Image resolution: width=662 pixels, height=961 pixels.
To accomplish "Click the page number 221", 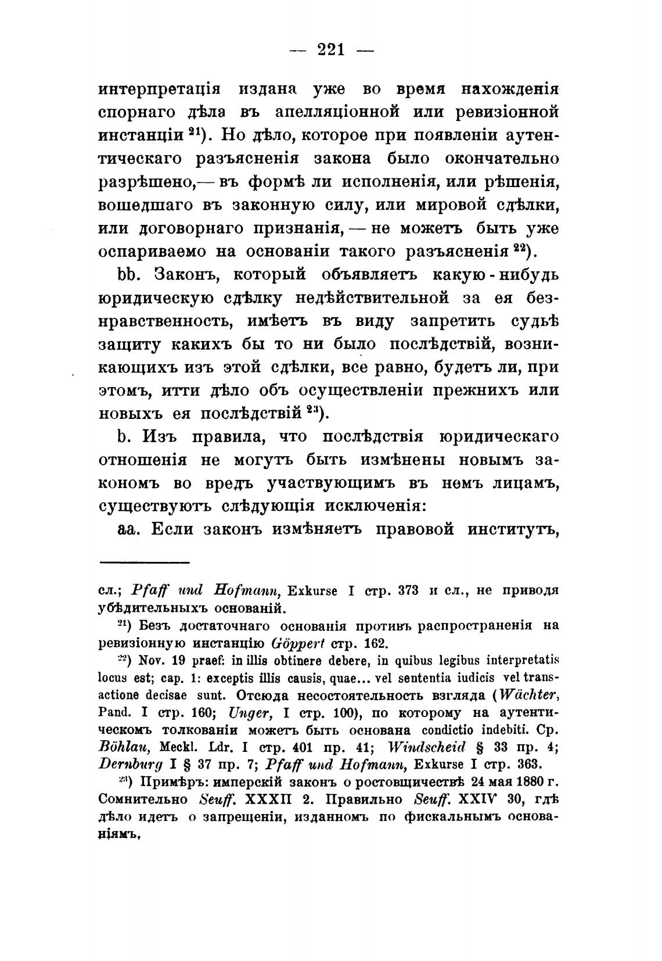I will [x=331, y=50].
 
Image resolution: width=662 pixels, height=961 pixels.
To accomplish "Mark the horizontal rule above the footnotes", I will [x=145, y=562].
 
